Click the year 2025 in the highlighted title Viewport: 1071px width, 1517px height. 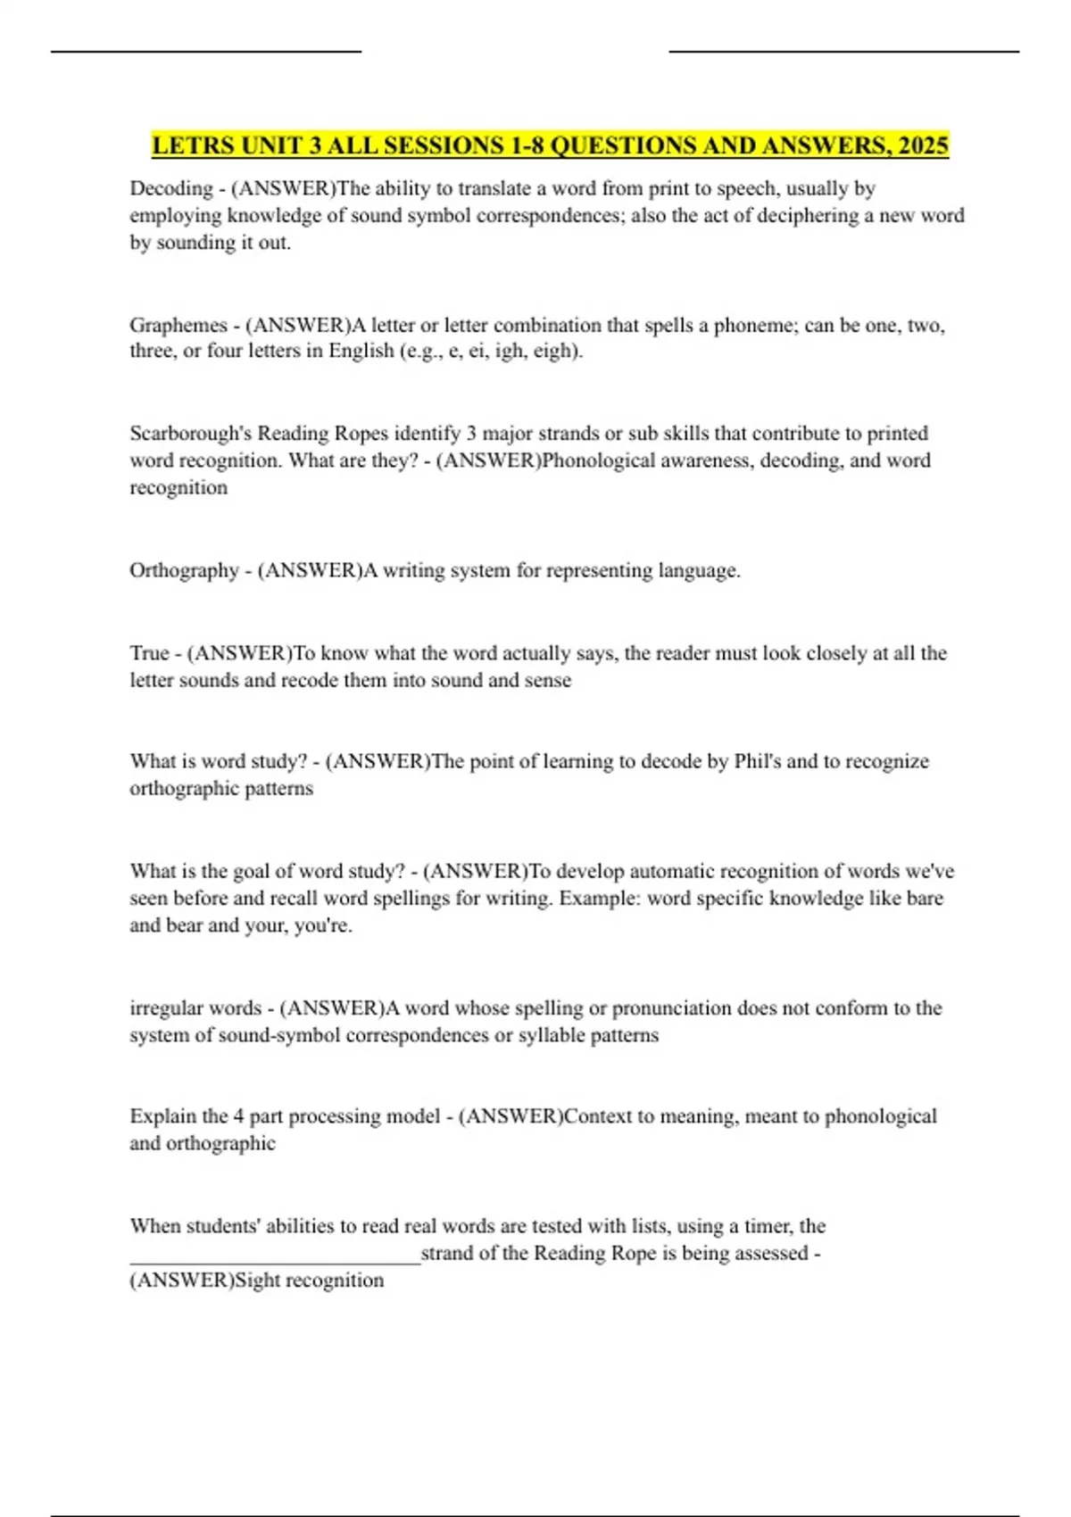(x=924, y=145)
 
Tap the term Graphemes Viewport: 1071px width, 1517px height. (x=178, y=326)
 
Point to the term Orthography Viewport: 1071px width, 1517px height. (x=184, y=571)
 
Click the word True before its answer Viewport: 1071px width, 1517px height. (x=149, y=653)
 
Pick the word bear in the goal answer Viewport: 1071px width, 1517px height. (x=184, y=926)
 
